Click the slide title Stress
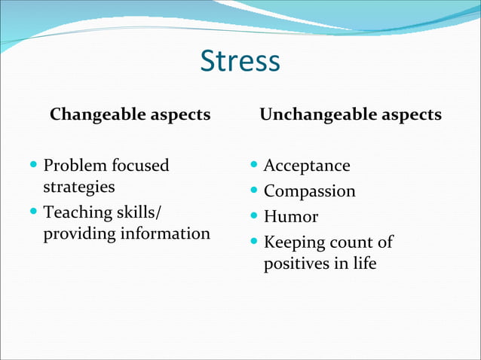click(240, 62)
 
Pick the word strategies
click(78, 187)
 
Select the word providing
click(77, 234)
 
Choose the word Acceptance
click(307, 166)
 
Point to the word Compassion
click(309, 192)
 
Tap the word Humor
click(291, 218)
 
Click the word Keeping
click(296, 243)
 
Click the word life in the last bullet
click(363, 264)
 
